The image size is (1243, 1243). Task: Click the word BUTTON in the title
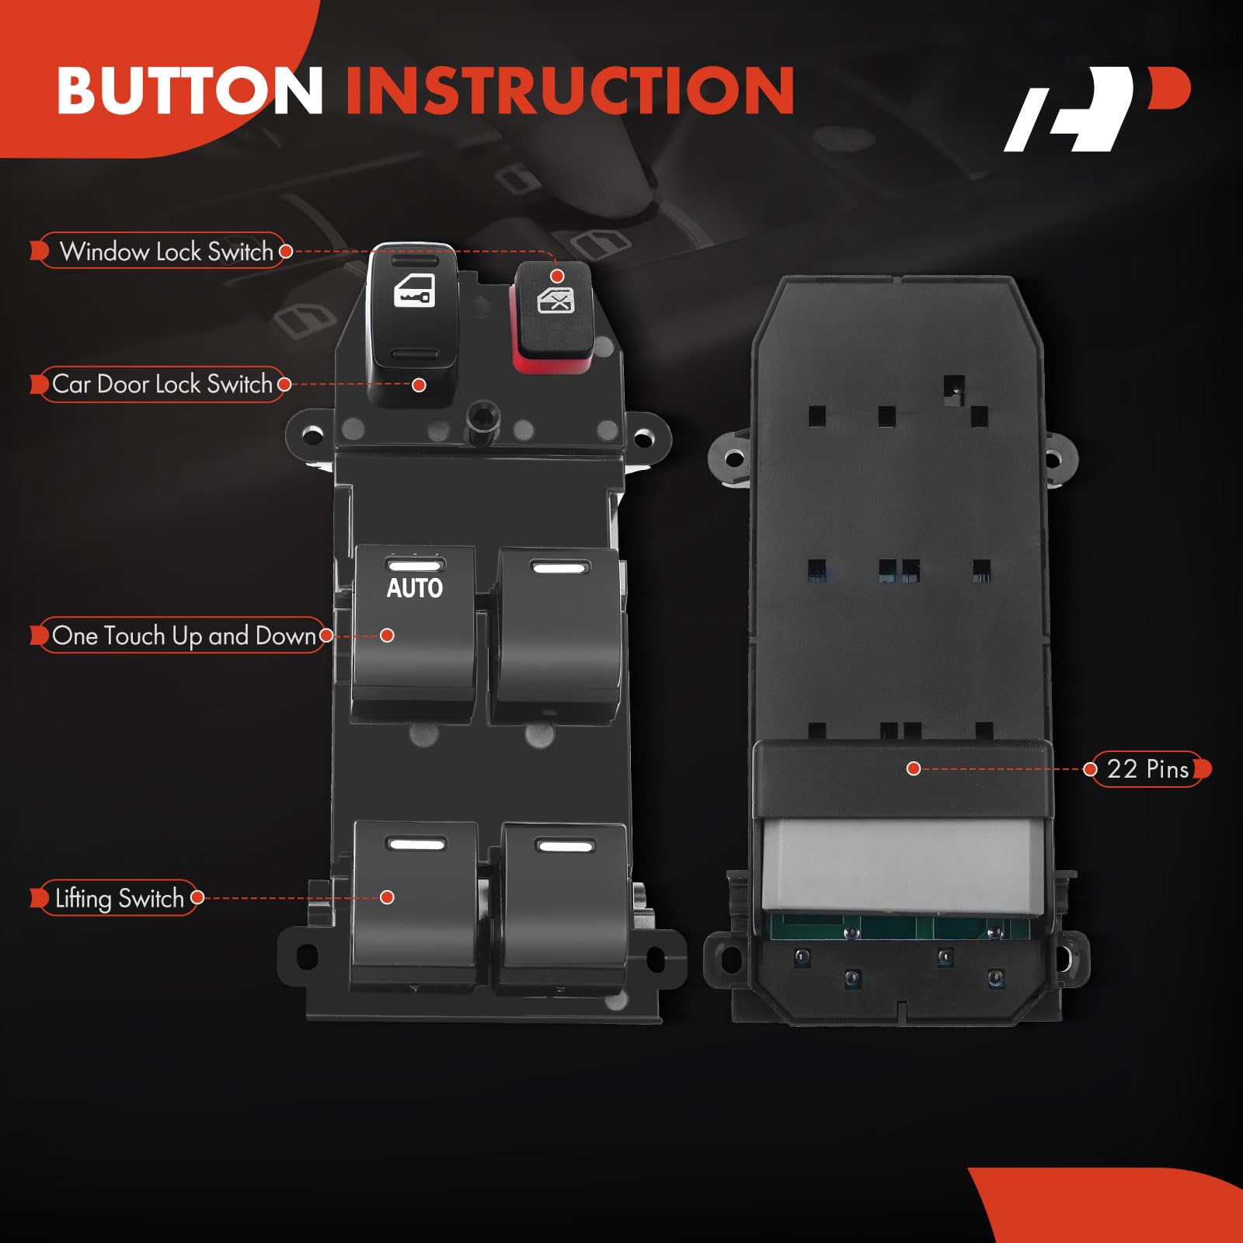click(x=190, y=91)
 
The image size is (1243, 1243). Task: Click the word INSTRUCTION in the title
click(x=570, y=91)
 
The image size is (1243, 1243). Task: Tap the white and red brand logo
click(x=1096, y=109)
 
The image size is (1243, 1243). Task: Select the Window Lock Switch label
click(x=166, y=251)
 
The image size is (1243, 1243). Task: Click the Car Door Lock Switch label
click(x=162, y=384)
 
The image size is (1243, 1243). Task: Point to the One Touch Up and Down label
click(x=184, y=635)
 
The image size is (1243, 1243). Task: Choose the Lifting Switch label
click(x=120, y=898)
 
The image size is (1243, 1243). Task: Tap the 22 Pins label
click(x=1147, y=768)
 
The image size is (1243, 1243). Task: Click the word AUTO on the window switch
click(x=415, y=588)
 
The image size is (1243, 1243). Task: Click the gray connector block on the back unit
click(x=903, y=865)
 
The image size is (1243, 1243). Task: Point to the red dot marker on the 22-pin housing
click(x=914, y=768)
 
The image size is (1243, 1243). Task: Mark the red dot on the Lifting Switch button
click(x=387, y=897)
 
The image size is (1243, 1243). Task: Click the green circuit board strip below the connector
click(x=899, y=927)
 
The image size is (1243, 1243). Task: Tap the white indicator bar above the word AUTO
click(x=415, y=566)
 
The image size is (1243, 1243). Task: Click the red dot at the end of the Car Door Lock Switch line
click(x=419, y=385)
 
